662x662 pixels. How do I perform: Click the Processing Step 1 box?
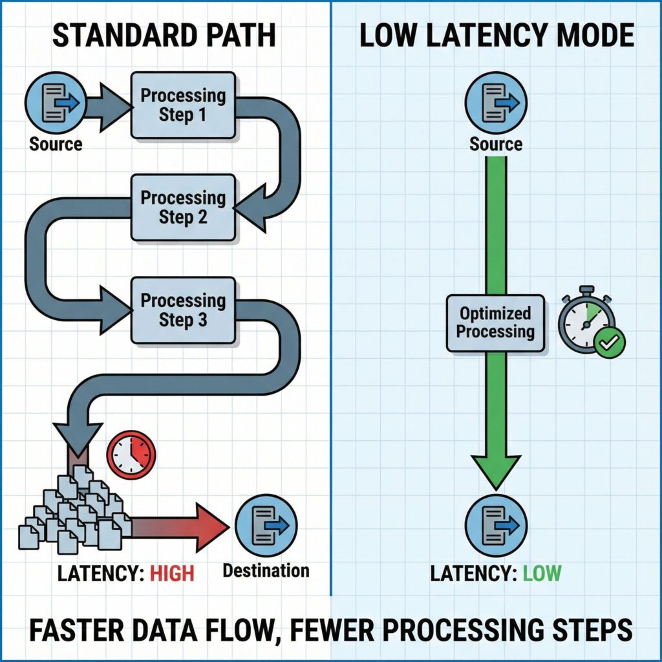click(183, 105)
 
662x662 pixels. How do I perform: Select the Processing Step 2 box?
click(183, 207)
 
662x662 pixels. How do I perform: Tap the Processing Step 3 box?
click(183, 310)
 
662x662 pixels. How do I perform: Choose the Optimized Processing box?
click(495, 323)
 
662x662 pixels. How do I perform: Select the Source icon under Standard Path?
click(56, 103)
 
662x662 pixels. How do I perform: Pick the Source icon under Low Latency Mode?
click(496, 103)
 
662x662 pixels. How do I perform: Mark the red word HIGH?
click(172, 573)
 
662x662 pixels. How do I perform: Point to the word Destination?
click(266, 570)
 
